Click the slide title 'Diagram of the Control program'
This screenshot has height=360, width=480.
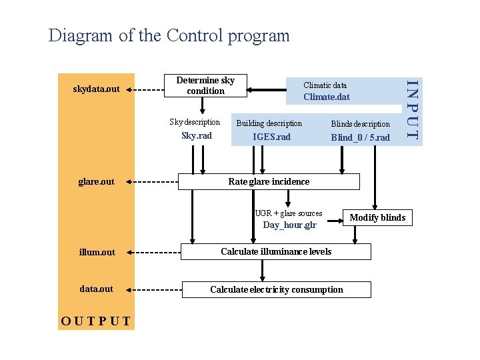tap(169, 35)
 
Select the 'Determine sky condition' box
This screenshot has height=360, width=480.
tap(205, 85)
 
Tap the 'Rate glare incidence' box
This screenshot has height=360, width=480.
tap(268, 181)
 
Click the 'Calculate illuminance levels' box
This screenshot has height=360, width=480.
tap(276, 251)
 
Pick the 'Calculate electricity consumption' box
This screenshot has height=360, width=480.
tap(276, 289)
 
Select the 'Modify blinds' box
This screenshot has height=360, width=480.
tap(377, 217)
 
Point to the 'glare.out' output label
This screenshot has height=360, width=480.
tap(96, 181)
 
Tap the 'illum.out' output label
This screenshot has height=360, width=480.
tap(97, 252)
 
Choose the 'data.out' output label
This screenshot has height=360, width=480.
tap(96, 289)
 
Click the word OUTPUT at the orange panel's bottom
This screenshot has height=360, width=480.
tap(96, 320)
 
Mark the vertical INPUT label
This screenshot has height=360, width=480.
tap(413, 110)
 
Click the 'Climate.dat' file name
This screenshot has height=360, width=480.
tap(326, 97)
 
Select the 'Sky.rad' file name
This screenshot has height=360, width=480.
tap(197, 136)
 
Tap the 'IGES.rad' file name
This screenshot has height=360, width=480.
tap(271, 137)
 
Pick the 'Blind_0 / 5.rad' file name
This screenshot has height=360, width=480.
tap(360, 137)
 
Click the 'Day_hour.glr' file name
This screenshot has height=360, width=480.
tap(289, 225)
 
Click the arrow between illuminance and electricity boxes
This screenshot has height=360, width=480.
tap(263, 270)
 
